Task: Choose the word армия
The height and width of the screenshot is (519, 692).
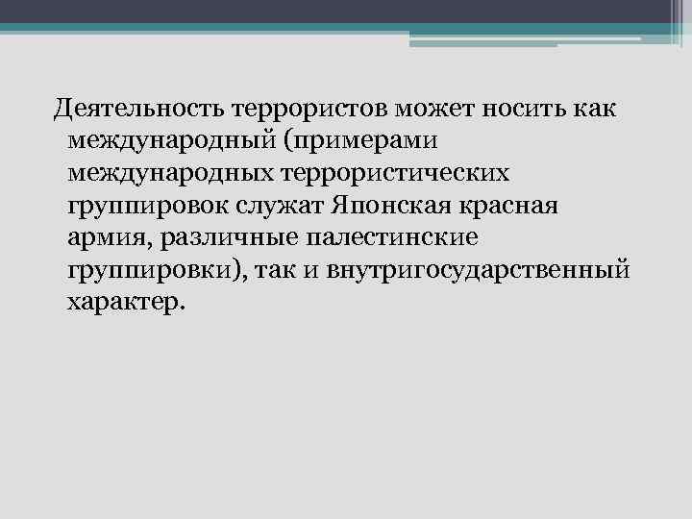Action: click(x=106, y=238)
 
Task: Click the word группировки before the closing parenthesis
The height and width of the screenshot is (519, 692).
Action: click(x=154, y=272)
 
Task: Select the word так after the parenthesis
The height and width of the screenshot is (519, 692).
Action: click(x=281, y=272)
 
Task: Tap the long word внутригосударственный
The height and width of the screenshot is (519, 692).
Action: click(x=481, y=272)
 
